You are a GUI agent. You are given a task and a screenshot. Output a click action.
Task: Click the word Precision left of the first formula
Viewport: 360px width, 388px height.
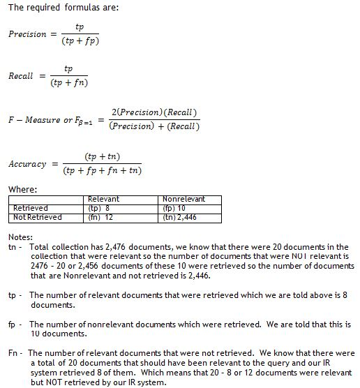27,34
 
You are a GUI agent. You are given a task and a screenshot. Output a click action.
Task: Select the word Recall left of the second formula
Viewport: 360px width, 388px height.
21,76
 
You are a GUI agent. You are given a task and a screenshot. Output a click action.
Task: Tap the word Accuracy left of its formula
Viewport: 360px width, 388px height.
27,164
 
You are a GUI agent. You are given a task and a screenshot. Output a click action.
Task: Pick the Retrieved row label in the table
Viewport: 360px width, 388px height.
31,208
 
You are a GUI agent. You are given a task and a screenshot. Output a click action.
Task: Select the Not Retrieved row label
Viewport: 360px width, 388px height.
38,217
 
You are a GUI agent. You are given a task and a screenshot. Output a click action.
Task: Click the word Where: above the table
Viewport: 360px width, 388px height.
23,190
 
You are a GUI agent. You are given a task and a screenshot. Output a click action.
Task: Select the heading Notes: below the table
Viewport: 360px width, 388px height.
20,238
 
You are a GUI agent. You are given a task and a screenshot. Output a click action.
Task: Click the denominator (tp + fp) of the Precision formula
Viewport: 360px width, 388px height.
79,42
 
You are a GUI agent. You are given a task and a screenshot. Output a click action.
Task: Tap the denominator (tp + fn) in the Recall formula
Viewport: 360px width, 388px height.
68,83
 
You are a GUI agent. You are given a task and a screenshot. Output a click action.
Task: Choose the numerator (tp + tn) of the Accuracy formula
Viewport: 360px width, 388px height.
102,156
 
